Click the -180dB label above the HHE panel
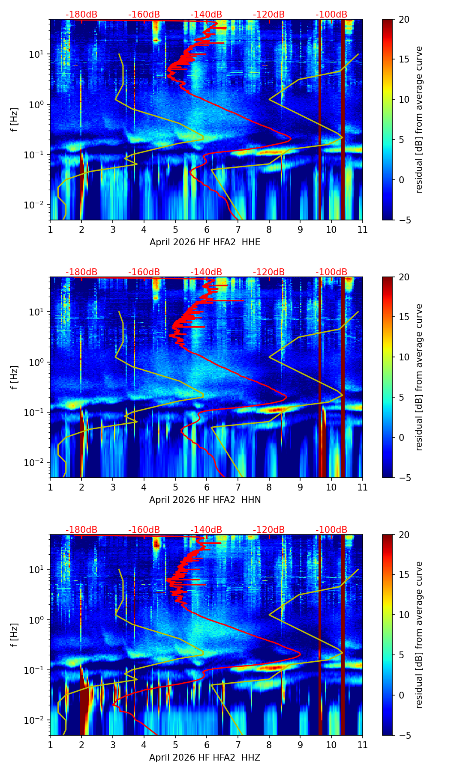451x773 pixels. click(81, 15)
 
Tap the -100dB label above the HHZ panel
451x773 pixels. click(331, 530)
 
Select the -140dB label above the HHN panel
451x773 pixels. click(206, 272)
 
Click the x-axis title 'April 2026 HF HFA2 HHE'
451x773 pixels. click(205, 242)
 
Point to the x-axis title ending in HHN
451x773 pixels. click(205, 500)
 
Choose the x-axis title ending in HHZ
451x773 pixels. click(205, 758)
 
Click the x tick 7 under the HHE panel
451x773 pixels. click(238, 229)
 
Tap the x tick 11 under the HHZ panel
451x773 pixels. click(362, 745)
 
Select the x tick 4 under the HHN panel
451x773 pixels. click(144, 487)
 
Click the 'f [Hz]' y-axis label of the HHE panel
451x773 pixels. click(15, 120)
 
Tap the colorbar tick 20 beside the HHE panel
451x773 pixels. click(404, 19)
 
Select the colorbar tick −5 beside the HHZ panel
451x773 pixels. click(404, 735)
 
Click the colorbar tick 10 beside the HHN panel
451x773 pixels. click(404, 357)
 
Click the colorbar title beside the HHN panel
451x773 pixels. click(419, 377)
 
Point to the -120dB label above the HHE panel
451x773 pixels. click(269, 15)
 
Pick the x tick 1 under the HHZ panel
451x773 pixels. click(50, 745)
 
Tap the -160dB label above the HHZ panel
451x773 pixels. click(144, 530)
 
